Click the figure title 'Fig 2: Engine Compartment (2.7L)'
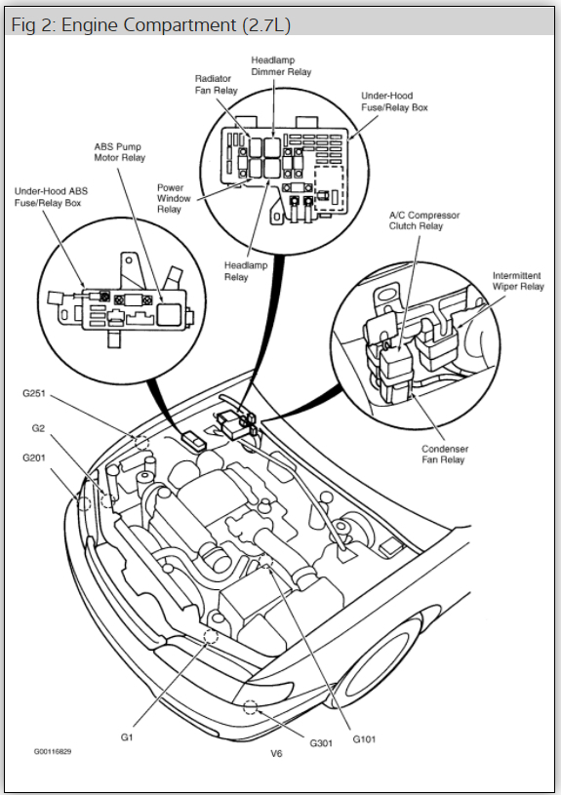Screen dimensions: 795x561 pyautogui.click(x=150, y=24)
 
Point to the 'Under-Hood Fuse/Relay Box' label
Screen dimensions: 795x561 pyautogui.click(x=394, y=101)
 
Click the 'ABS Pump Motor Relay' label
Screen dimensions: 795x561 pyautogui.click(x=119, y=151)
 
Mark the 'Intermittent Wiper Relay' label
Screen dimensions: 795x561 pyautogui.click(x=518, y=282)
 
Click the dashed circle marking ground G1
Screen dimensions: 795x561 pyautogui.click(x=210, y=637)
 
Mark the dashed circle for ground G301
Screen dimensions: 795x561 pyautogui.click(x=250, y=708)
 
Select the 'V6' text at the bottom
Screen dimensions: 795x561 pyautogui.click(x=278, y=754)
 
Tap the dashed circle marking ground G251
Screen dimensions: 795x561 pyautogui.click(x=140, y=441)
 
